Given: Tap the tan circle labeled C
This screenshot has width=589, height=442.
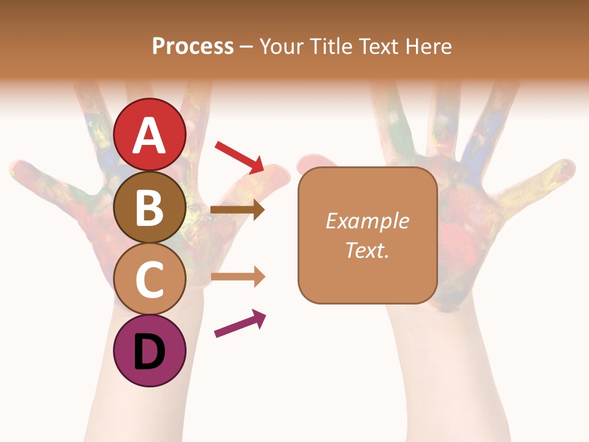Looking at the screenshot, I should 150,279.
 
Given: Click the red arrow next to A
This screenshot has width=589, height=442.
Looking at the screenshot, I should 239,157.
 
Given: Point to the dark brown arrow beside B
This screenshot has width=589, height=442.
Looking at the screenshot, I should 237,210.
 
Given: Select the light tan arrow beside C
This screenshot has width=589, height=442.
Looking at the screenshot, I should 237,277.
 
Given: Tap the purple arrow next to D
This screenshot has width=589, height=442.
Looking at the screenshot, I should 240,324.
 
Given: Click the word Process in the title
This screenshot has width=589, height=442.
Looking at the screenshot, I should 193,46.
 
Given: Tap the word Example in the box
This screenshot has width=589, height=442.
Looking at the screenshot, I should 367,221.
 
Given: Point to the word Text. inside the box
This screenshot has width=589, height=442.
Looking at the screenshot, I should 367,250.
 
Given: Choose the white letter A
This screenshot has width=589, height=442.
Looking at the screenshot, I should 150,135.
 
